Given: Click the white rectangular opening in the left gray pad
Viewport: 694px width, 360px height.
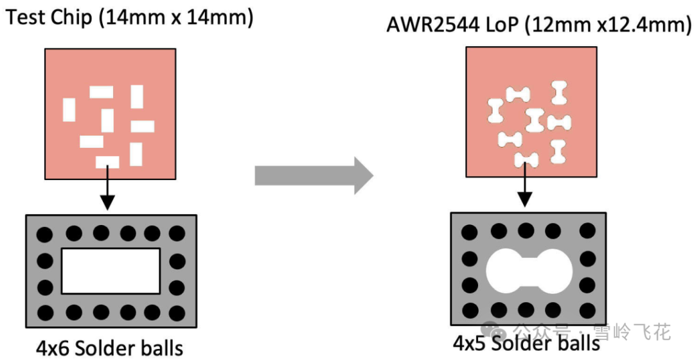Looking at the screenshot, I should tap(111, 270).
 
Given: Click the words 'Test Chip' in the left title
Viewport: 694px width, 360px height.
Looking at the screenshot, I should tap(49, 17).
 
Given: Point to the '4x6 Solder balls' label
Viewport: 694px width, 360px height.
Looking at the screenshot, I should tap(109, 348).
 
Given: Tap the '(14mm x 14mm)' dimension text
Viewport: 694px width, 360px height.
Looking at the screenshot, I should tap(175, 17).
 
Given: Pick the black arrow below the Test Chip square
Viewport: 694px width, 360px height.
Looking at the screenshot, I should tap(108, 190).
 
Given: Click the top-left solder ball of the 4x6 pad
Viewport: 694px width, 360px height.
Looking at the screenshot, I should tap(45, 233).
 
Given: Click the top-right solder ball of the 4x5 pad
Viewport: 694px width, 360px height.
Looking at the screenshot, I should tap(587, 231).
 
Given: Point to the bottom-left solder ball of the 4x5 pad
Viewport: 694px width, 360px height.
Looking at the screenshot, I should tap(470, 309).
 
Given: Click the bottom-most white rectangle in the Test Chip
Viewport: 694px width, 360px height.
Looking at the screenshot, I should tap(107, 161).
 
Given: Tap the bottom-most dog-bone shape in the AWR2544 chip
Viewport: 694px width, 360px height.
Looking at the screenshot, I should tap(526, 159).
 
